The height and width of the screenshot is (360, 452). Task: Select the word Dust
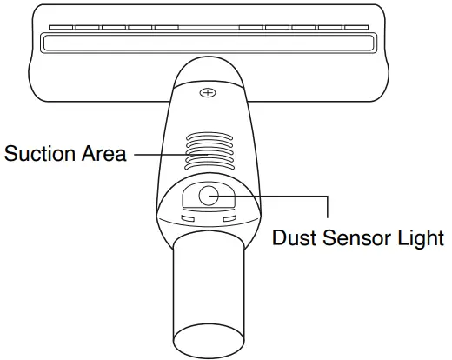coord(292,237)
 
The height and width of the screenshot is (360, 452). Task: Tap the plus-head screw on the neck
coord(207,90)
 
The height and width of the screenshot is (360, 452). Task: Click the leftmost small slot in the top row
coord(60,27)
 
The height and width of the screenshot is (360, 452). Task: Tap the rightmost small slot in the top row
coord(356,27)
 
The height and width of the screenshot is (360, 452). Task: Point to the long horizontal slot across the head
coord(209,42)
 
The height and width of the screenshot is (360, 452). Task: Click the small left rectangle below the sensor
coord(187,219)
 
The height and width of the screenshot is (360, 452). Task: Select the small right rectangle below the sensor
coord(229,219)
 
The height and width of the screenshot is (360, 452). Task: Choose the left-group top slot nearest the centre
coord(166,27)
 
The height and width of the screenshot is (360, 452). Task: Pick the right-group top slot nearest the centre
coord(250,27)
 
